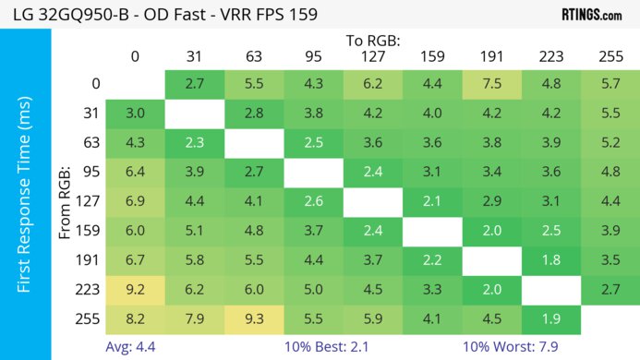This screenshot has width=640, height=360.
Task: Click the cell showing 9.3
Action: click(x=253, y=321)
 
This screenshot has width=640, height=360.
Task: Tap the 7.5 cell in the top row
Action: click(x=491, y=83)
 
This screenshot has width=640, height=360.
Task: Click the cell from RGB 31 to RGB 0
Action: click(x=135, y=114)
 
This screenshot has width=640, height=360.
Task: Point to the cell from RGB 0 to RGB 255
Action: click(x=610, y=83)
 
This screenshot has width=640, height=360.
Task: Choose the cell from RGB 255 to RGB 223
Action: click(x=551, y=321)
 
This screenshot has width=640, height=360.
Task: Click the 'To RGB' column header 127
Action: click(x=372, y=56)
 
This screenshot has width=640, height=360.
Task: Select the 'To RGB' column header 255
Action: click(x=610, y=56)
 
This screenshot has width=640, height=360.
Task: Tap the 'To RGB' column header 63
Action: click(x=253, y=56)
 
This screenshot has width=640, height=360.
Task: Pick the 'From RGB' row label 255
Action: click(x=89, y=321)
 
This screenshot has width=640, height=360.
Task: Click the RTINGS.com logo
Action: click(x=591, y=15)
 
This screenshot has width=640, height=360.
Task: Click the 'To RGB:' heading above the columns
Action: click(x=372, y=41)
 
